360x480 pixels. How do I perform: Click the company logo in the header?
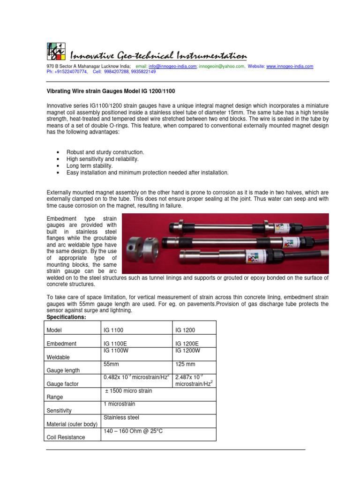tap(55, 51)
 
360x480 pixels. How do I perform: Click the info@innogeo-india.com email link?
tap(172, 67)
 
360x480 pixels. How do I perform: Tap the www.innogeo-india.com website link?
tap(290, 67)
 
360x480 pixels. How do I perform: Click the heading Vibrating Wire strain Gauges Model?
tap(111, 90)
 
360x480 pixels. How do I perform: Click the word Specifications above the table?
tap(66, 317)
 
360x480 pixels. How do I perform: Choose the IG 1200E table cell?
tap(187, 344)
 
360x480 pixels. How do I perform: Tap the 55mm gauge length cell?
tap(111, 364)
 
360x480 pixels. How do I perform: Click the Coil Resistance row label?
tap(66, 437)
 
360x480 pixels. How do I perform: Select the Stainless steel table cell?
tap(121, 417)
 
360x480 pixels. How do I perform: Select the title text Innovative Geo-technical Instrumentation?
tap(158, 56)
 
